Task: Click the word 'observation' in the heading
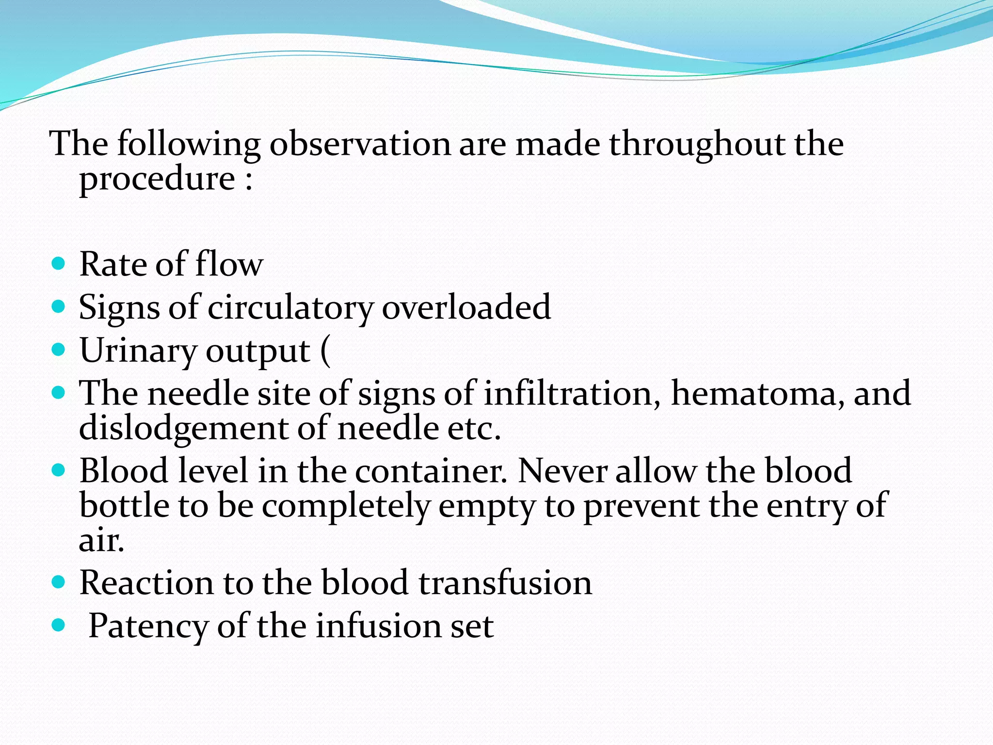[360, 144]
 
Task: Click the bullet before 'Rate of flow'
[58, 264]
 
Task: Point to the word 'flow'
[229, 264]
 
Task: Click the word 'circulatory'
[290, 308]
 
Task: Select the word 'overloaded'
[466, 307]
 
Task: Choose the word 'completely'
[346, 506]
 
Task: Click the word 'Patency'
[148, 626]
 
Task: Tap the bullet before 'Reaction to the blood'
[58, 582]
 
